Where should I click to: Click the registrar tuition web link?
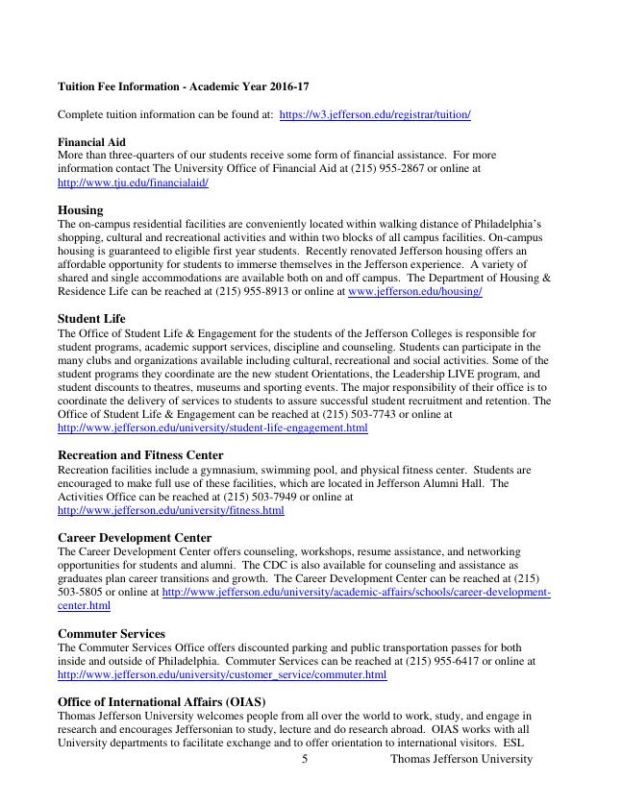375,114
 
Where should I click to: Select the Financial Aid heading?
91,141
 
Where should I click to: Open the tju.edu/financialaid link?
133,182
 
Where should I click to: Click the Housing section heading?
81,209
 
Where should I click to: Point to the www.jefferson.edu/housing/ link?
414,291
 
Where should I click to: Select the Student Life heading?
91,318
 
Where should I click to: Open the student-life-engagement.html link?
212,427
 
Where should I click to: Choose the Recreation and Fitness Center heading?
140,455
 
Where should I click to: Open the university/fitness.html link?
171,510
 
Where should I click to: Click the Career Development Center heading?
135,538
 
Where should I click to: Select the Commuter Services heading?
112,634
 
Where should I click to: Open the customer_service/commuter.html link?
222,674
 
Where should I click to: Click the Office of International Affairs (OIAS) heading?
162,702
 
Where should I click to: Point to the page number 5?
305,759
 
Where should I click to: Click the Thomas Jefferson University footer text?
460,759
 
